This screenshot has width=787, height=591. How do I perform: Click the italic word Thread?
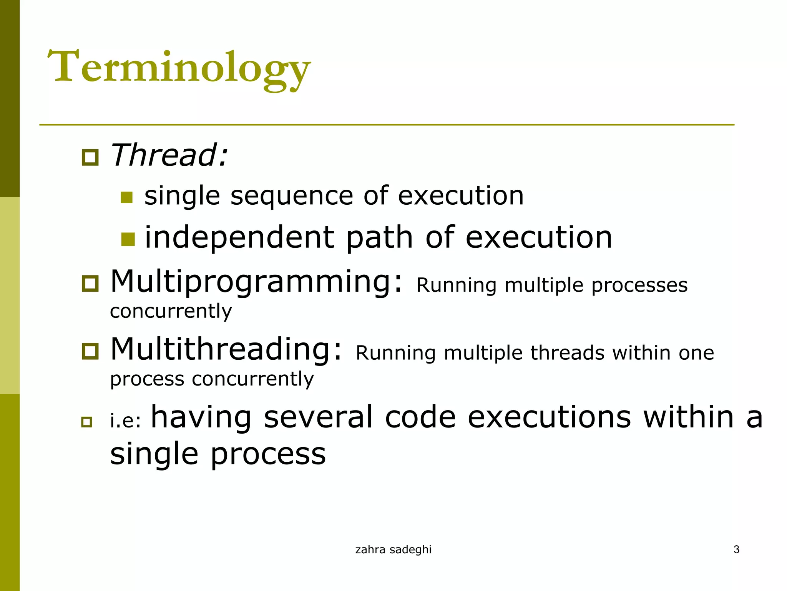(169, 155)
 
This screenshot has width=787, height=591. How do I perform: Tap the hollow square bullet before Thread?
(90, 157)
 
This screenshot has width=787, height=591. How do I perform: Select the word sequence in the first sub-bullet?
(291, 196)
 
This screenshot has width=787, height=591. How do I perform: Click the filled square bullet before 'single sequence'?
(126, 197)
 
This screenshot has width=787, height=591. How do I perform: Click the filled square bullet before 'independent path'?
(128, 239)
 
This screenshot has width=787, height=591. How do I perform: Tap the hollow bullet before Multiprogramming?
(90, 284)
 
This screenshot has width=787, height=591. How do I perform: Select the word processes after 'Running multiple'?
(639, 286)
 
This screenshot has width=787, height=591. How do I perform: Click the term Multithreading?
(226, 349)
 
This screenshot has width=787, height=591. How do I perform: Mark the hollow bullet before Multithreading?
(90, 351)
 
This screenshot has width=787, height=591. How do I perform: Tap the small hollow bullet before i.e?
(87, 422)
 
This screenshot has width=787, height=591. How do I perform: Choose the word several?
(318, 417)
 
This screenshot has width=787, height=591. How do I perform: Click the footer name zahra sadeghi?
(393, 549)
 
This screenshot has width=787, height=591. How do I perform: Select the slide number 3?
(736, 549)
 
